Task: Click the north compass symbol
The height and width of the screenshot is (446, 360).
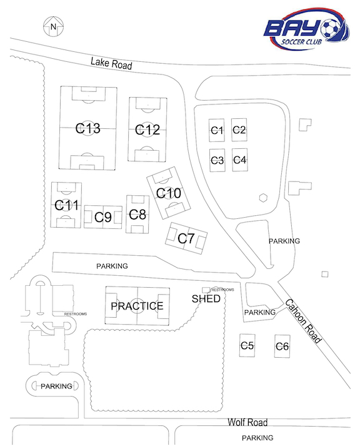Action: [x=53, y=27]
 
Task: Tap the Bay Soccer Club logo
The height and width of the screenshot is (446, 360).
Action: [x=307, y=29]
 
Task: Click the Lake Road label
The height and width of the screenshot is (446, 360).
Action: [x=111, y=63]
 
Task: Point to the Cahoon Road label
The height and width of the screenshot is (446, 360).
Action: [x=304, y=322]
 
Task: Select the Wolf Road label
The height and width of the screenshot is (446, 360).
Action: [x=247, y=422]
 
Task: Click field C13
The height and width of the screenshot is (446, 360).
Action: [x=88, y=128]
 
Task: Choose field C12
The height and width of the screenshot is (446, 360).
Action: [x=147, y=129]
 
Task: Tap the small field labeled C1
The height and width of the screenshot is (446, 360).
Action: [x=217, y=130]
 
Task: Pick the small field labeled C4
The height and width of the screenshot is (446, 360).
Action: [x=239, y=160]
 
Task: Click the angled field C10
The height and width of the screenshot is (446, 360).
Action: [x=169, y=193]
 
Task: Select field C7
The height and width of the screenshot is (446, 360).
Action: [x=186, y=238]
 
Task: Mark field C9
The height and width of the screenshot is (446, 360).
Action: [x=103, y=217]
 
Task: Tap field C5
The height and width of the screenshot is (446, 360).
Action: [x=247, y=345]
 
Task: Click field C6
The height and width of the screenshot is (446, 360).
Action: [x=282, y=346]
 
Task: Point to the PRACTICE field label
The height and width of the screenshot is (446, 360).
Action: [x=137, y=306]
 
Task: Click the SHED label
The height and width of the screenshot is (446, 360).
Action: [x=206, y=298]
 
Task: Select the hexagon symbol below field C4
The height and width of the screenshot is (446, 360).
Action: [x=263, y=198]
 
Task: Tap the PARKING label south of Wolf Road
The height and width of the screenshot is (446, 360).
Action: [x=257, y=438]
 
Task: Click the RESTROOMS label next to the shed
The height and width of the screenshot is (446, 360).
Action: [x=222, y=290]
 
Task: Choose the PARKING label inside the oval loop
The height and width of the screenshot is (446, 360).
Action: [x=56, y=386]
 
